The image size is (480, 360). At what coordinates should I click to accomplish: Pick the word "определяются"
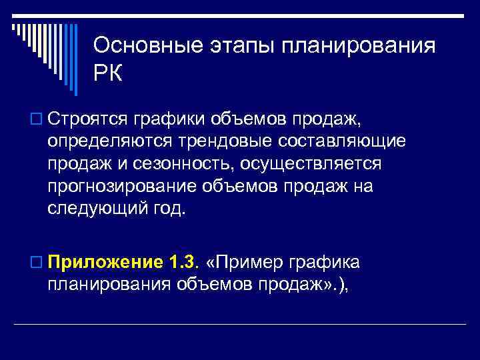coord(107,143)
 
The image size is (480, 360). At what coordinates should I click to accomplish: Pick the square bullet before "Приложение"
coord(36,262)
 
